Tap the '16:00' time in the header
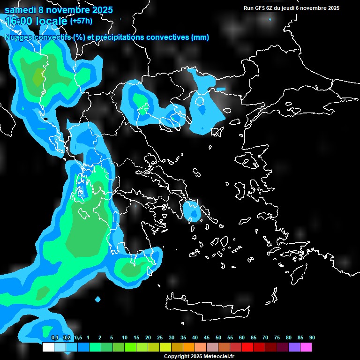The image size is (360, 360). pyautogui.click(x=18, y=21)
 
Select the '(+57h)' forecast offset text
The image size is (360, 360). pyautogui.click(x=81, y=21)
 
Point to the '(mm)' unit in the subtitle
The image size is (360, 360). pyautogui.click(x=200, y=37)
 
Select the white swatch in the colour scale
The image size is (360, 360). pyautogui.click(x=48, y=347)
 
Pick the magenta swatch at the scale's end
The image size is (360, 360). pyautogui.click(x=306, y=347)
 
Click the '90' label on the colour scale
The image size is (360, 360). pyautogui.click(x=312, y=337)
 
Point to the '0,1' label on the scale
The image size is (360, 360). pyautogui.click(x=54, y=337)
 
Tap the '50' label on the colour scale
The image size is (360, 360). pyautogui.click(x=218, y=337)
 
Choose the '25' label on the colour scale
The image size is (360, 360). pyautogui.click(x=159, y=337)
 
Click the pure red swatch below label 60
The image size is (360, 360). pyautogui.click(x=247, y=347)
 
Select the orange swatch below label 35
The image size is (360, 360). pyautogui.click(x=189, y=347)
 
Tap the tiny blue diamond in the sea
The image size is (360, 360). pyautogui.click(x=97, y=299)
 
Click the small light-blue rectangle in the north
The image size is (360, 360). pyautogui.click(x=220, y=89)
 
